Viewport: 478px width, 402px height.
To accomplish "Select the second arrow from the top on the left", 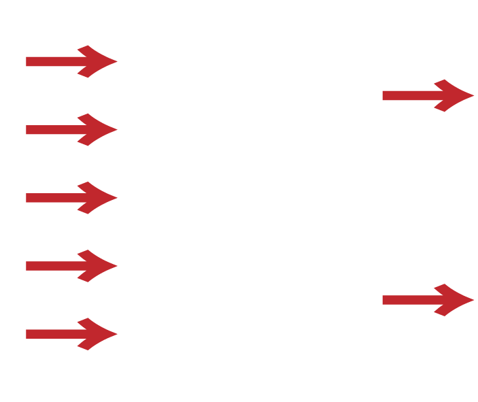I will tap(71, 129).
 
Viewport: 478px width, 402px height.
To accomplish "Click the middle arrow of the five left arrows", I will tap(71, 198).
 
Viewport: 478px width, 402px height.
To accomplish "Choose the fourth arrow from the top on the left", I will tap(71, 266).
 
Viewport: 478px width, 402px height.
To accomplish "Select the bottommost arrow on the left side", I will tap(71, 334).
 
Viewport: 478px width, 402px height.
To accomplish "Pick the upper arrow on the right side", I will tap(428, 95).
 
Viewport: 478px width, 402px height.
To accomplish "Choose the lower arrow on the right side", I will tap(428, 300).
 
